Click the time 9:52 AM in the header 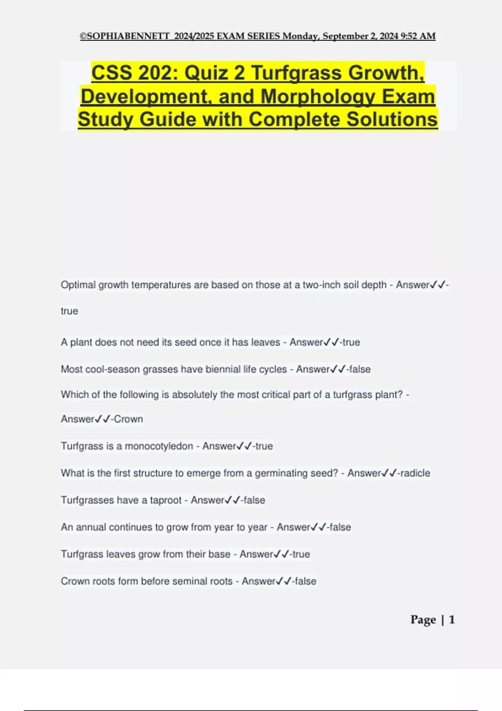[418, 36]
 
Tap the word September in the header [345, 36]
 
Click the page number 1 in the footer [452, 619]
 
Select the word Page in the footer [423, 619]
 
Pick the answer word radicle [415, 473]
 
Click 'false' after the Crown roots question [305, 581]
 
